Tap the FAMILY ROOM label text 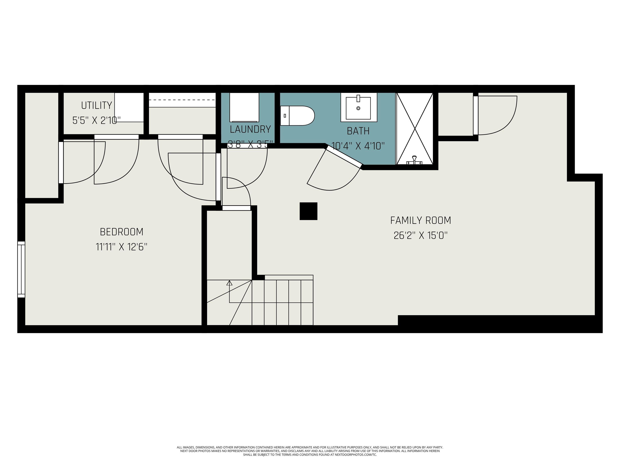pyautogui.click(x=420, y=220)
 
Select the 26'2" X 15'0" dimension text pyautogui.click(x=420, y=236)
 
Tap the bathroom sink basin pyautogui.click(x=358, y=108)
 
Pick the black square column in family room pyautogui.click(x=308, y=211)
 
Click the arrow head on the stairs pyautogui.click(x=229, y=283)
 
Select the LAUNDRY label pyautogui.click(x=250, y=129)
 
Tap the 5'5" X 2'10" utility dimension pyautogui.click(x=96, y=120)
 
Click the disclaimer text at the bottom pyautogui.click(x=310, y=451)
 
